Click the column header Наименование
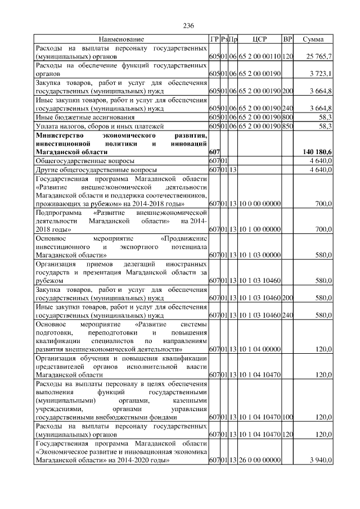point(121,39)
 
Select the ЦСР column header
point(260,39)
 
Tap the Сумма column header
point(313,39)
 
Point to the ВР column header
point(288,39)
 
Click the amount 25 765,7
point(319,57)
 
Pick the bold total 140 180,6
point(317,152)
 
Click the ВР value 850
point(288,127)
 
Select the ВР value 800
point(288,117)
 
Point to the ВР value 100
point(288,418)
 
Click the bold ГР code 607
point(214,152)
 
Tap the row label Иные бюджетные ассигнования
point(85,117)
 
